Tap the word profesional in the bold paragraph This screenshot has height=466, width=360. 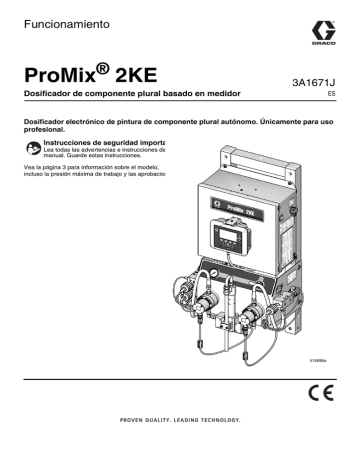(x=48, y=130)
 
